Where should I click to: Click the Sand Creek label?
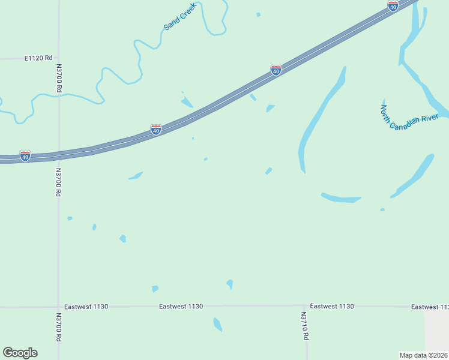[x=180, y=19]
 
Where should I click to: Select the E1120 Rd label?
[x=38, y=58]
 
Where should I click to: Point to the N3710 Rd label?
[x=304, y=325]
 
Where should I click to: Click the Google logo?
[x=20, y=353]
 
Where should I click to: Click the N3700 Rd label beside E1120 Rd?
[x=59, y=78]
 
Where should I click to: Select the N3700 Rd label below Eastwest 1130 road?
[x=59, y=327]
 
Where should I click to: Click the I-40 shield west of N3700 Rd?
[x=25, y=156]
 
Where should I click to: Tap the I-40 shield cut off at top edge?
[x=393, y=5]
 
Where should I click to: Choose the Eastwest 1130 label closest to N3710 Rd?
[x=332, y=306]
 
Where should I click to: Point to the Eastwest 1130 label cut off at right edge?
[x=429, y=307]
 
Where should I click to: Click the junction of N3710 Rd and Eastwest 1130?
[x=304, y=305]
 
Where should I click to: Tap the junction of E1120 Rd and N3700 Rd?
[x=59, y=58]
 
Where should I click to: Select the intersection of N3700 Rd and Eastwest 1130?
[x=59, y=307]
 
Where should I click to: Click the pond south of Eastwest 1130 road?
[x=218, y=325]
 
